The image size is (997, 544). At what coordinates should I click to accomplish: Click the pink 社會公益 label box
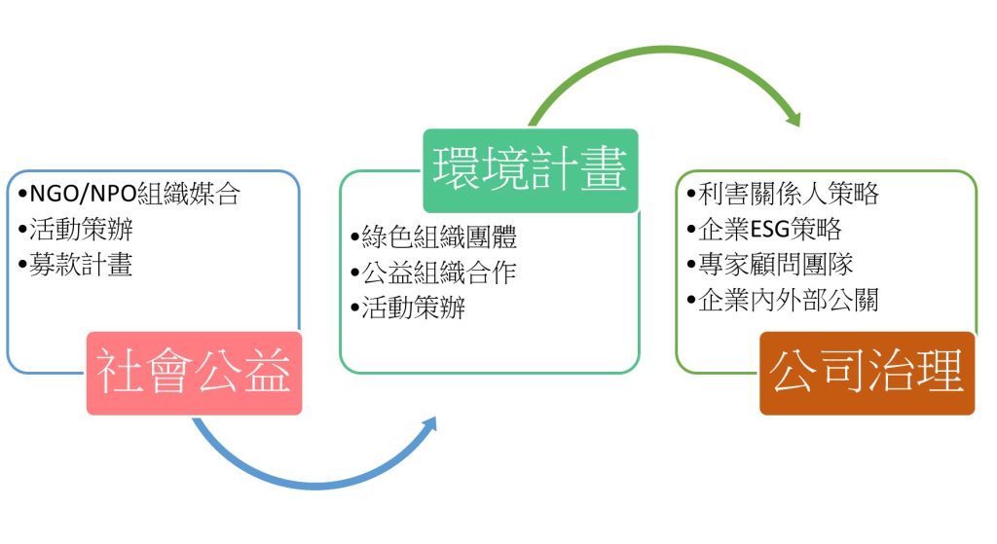click(194, 373)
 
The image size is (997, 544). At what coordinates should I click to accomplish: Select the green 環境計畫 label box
click(531, 170)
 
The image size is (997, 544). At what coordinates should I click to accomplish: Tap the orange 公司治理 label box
click(868, 373)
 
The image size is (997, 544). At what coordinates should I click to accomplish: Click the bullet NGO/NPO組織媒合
click(129, 194)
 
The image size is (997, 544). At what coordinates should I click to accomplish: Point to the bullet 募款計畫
click(75, 265)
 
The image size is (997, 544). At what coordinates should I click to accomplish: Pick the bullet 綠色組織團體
click(433, 237)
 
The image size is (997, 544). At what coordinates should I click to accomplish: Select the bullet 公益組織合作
click(433, 272)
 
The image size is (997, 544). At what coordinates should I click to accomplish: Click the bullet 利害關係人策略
click(783, 194)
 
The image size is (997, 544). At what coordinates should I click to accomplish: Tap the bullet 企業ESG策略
click(764, 230)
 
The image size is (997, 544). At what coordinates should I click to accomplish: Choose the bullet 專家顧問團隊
click(770, 265)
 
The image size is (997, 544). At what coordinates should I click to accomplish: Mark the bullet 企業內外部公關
click(783, 301)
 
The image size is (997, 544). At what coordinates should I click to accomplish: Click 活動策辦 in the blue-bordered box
click(82, 230)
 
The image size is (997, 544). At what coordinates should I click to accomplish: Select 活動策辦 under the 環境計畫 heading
click(414, 308)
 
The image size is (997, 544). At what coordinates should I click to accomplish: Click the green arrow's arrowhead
click(793, 118)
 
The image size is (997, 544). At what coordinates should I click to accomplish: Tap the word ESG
click(770, 230)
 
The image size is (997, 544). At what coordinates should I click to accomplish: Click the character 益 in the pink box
click(268, 373)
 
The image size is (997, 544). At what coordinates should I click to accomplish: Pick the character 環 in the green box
click(456, 169)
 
